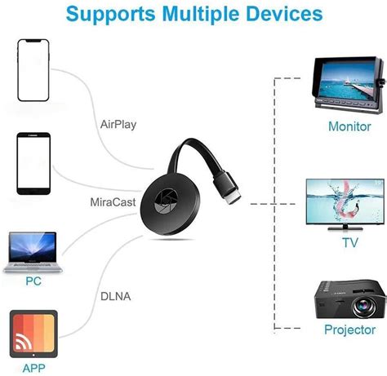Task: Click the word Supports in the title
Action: click(x=110, y=14)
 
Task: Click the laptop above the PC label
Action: click(x=33, y=252)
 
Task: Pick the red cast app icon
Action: click(x=33, y=333)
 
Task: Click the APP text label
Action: click(x=33, y=367)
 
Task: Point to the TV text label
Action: click(x=349, y=242)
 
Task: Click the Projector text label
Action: click(x=349, y=330)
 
